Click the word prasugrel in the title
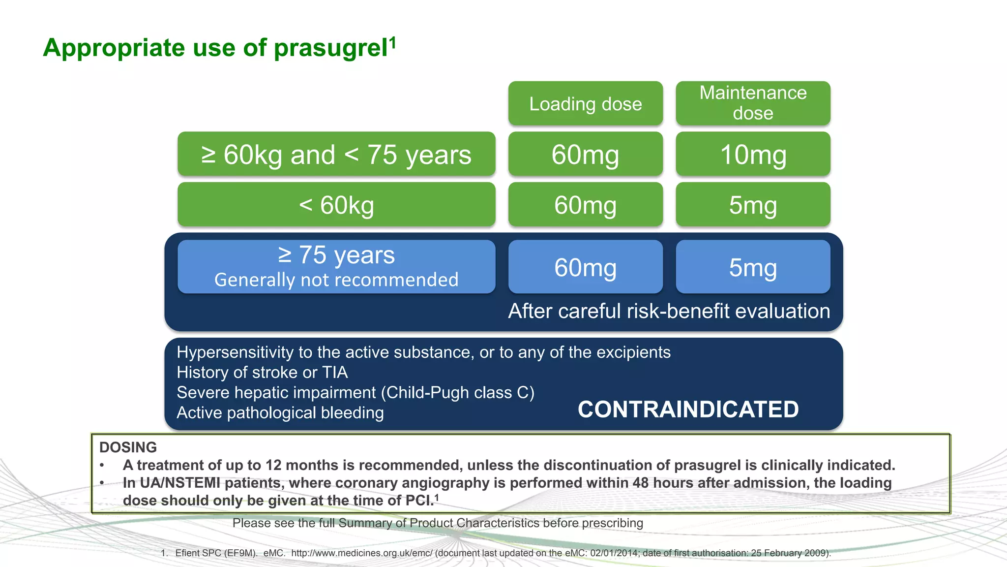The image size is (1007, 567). coord(330,48)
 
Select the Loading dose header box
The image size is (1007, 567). coord(585,103)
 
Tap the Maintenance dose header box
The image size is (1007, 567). coord(753,103)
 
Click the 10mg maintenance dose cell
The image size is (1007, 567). coord(753,155)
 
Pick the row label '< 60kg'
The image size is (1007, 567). coord(336,205)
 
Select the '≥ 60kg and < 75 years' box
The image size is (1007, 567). coord(336,155)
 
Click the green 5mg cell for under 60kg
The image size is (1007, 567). coord(753,205)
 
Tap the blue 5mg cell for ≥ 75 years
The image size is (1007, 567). coord(753,267)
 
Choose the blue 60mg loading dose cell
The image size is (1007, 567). coord(585,267)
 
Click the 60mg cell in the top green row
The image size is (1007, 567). coord(585,155)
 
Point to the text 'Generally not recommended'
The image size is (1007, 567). coord(336,280)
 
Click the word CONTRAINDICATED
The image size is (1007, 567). coord(688,409)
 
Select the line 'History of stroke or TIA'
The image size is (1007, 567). coord(262,373)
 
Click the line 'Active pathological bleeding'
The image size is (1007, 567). coord(280,413)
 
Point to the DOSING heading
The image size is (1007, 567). coord(128,447)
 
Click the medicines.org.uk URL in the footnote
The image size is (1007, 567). coord(361,553)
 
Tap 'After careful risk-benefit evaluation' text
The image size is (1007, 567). coord(669,311)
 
